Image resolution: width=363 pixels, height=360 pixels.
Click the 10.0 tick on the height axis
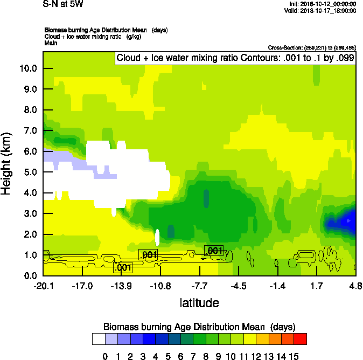(29, 68)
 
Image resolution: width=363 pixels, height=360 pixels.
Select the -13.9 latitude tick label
(122, 285)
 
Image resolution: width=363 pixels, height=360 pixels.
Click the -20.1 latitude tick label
(44, 285)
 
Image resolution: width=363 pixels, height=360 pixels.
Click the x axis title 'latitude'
(199, 303)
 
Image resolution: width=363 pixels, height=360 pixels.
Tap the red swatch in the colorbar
(301, 338)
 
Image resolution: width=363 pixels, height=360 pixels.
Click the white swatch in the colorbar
(99, 338)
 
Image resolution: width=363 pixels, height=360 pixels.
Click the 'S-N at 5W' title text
(62, 4)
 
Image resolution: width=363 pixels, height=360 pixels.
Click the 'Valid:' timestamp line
(322, 11)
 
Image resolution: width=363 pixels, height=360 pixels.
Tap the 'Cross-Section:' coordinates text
(311, 48)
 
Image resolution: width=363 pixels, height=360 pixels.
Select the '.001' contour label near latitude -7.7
(214, 251)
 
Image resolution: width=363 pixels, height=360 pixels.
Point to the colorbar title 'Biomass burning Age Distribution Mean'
(199, 327)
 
